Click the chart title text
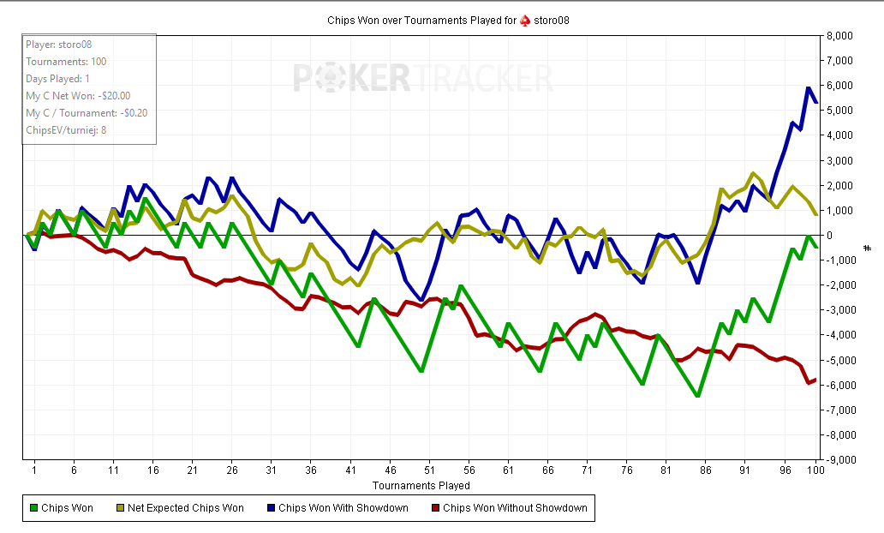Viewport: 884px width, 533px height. click(442, 20)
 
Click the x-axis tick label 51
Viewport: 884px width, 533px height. click(429, 470)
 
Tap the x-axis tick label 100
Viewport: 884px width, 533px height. click(815, 470)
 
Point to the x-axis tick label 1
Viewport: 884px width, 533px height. click(34, 470)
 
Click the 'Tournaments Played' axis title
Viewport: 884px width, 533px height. click(421, 485)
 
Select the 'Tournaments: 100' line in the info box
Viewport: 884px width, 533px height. click(66, 62)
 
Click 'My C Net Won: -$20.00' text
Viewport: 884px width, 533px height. click(78, 96)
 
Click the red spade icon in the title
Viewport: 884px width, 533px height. click(525, 20)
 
